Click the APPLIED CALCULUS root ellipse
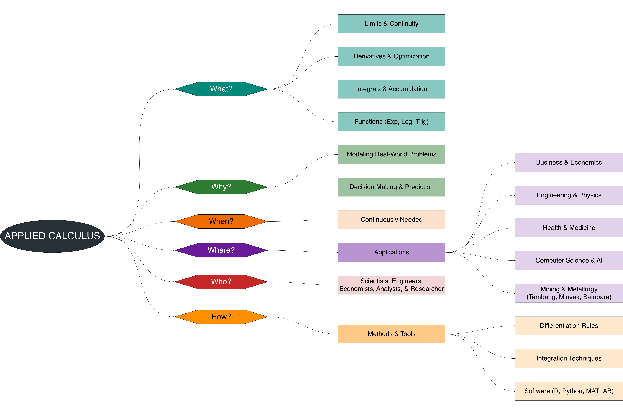pyautogui.click(x=52, y=236)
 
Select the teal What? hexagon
pyautogui.click(x=221, y=89)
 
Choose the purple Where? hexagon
pyautogui.click(x=221, y=250)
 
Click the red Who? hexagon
pyautogui.click(x=221, y=282)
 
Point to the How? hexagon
pyautogui.click(x=221, y=317)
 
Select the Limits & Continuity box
pyautogui.click(x=391, y=24)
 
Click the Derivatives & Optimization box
pyautogui.click(x=391, y=56)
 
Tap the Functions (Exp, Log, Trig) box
pyautogui.click(x=391, y=122)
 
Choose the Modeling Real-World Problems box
pyautogui.click(x=391, y=154)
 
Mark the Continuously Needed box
pyautogui.click(x=391, y=220)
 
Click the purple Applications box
pyautogui.click(x=391, y=252)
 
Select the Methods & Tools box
pyautogui.click(x=391, y=334)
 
